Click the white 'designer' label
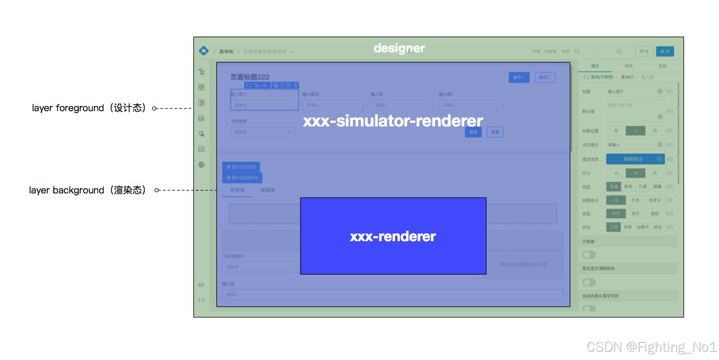coord(399,48)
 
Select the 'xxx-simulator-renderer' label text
coord(393,121)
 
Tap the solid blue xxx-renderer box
coord(393,236)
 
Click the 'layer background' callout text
coord(88,190)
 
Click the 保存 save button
coord(665,51)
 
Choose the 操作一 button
coord(519,77)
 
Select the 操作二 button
coord(545,77)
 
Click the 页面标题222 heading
coord(250,77)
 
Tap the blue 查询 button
coord(473,132)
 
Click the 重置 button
coord(495,132)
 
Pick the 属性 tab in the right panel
coord(595,66)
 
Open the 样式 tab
coord(629,66)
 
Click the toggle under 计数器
coord(589,254)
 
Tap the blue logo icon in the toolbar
coord(204,51)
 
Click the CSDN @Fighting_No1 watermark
coord(651,347)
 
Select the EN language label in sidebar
coord(201,285)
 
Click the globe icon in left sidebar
coord(202,165)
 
